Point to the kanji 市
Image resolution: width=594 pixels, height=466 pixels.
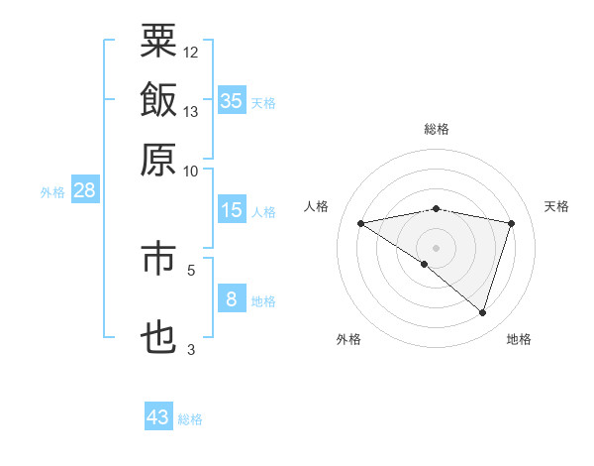(x=158, y=260)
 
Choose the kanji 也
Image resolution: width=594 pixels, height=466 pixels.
(x=158, y=337)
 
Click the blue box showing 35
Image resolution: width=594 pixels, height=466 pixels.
(x=232, y=100)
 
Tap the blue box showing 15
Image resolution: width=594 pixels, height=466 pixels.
(x=232, y=210)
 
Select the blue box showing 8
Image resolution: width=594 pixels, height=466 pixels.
(x=232, y=299)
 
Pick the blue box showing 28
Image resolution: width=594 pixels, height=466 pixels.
(x=84, y=190)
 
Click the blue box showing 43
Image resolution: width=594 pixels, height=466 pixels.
(x=158, y=417)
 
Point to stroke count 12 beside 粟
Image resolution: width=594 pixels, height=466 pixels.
(x=190, y=51)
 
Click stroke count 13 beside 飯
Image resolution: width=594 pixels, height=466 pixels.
(x=190, y=111)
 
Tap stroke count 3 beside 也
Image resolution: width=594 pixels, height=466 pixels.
(x=190, y=349)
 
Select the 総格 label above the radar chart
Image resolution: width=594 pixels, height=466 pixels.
(x=437, y=130)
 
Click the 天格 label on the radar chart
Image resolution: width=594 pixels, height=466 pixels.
(x=557, y=206)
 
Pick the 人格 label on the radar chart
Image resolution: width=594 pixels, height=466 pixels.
(x=317, y=206)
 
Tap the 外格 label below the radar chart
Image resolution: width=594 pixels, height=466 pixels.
(x=347, y=340)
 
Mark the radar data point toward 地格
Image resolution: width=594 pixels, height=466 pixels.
(x=482, y=312)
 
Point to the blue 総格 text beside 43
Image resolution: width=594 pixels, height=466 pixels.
(x=190, y=419)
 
